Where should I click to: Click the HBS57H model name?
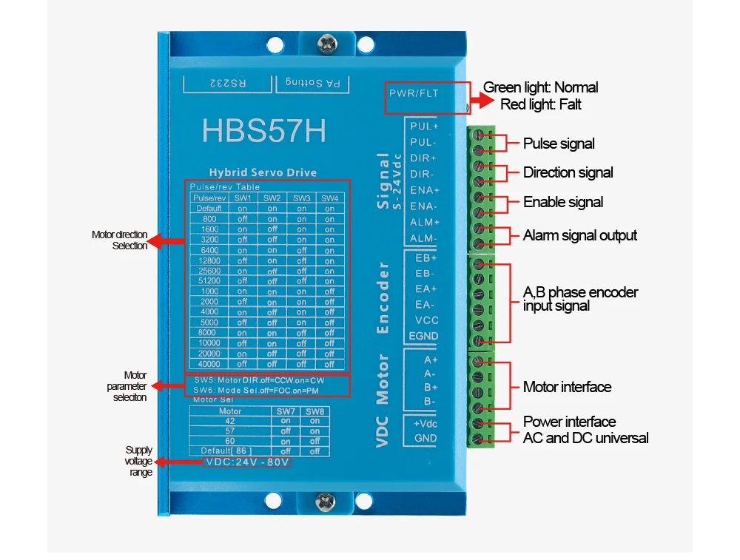click(263, 131)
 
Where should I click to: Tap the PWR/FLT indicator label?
click(414, 94)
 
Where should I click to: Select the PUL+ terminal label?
click(424, 126)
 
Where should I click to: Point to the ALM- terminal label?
click(424, 238)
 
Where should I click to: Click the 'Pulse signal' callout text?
click(559, 144)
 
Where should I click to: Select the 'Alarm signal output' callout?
click(580, 235)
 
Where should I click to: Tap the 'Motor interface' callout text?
click(567, 387)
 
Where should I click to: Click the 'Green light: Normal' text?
click(540, 87)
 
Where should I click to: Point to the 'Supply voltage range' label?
click(138, 461)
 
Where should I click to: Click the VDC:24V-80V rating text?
click(246, 462)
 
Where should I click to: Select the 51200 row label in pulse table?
click(208, 281)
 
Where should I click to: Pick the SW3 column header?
click(301, 198)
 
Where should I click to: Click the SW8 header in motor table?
click(314, 411)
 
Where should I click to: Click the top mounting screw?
click(326, 45)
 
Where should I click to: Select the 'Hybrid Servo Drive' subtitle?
click(263, 172)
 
